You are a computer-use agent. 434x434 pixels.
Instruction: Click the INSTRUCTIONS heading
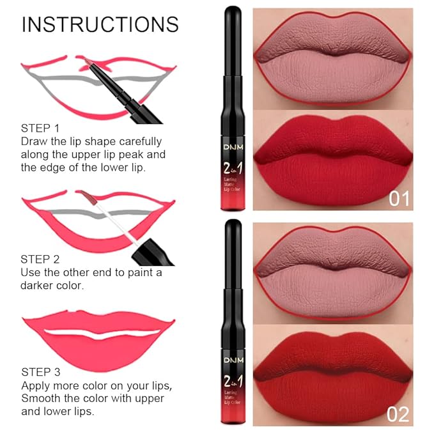click(x=100, y=24)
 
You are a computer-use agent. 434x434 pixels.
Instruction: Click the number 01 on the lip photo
click(x=398, y=199)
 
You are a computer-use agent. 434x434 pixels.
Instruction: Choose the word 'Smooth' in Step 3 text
click(x=40, y=398)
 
